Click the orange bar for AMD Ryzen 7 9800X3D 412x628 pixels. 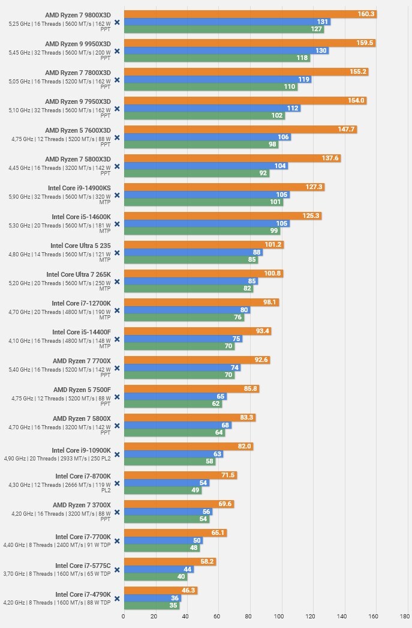coord(240,14)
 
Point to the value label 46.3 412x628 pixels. coord(189,591)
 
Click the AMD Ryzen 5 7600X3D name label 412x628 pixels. coord(78,130)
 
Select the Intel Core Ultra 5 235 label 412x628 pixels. coord(80,245)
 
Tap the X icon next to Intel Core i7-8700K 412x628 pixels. coord(117,483)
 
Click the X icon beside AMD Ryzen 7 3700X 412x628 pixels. coord(117,512)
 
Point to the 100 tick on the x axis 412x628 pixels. coord(279,615)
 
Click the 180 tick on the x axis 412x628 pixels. coord(404,615)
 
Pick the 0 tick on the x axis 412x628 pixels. coord(124,615)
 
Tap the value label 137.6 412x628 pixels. coord(330,159)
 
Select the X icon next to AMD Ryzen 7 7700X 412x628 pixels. coord(117,368)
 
